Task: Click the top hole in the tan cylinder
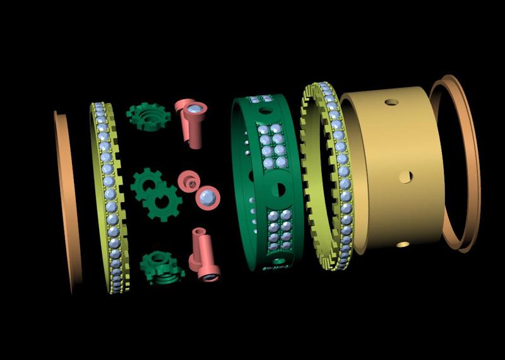pos(392,102)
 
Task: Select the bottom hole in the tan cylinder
pos(403,244)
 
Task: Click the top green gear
pos(148,117)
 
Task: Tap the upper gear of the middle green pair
pos(146,184)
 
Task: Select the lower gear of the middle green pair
pos(164,203)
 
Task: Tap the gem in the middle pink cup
pos(206,198)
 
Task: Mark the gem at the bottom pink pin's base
pos(208,275)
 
